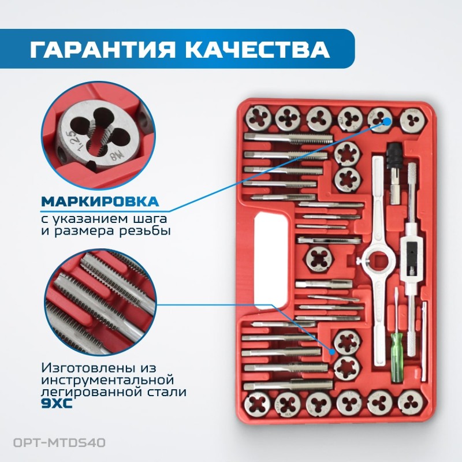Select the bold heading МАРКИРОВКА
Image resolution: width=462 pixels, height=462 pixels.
99,202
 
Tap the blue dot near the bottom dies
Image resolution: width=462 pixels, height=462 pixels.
333,350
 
